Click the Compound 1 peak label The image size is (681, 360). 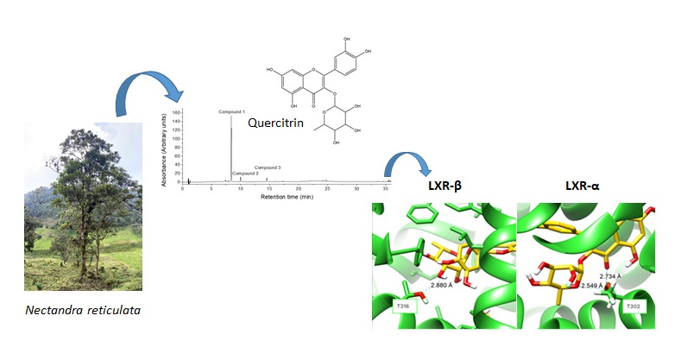click(x=232, y=113)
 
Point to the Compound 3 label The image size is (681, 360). click(x=267, y=167)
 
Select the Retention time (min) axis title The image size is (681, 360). click(x=287, y=196)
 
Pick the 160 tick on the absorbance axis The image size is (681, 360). click(x=175, y=113)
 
